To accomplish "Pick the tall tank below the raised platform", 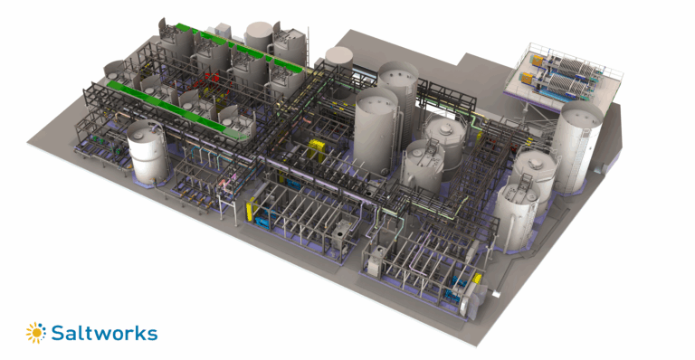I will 577,145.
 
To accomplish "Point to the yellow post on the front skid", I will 250,212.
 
